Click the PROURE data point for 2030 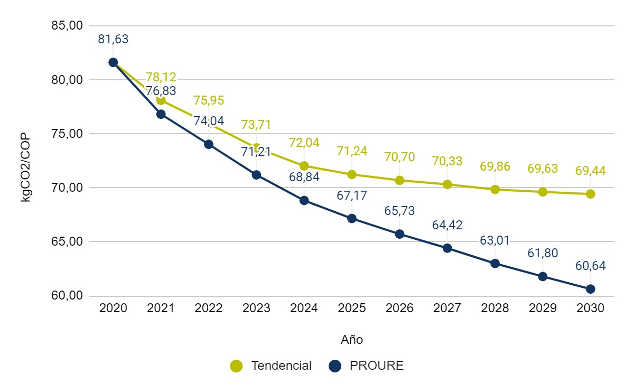[590, 289]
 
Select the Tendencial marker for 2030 [590, 194]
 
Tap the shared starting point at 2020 [113, 62]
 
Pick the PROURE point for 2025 [352, 219]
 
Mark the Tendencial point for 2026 [399, 180]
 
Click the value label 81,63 [113, 39]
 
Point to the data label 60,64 [590, 266]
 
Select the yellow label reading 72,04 [304, 143]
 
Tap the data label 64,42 [447, 225]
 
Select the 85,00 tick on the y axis [68, 25]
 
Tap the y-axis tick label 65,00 [68, 241]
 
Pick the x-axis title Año [352, 340]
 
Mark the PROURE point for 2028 [495, 264]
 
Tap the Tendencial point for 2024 [304, 166]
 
